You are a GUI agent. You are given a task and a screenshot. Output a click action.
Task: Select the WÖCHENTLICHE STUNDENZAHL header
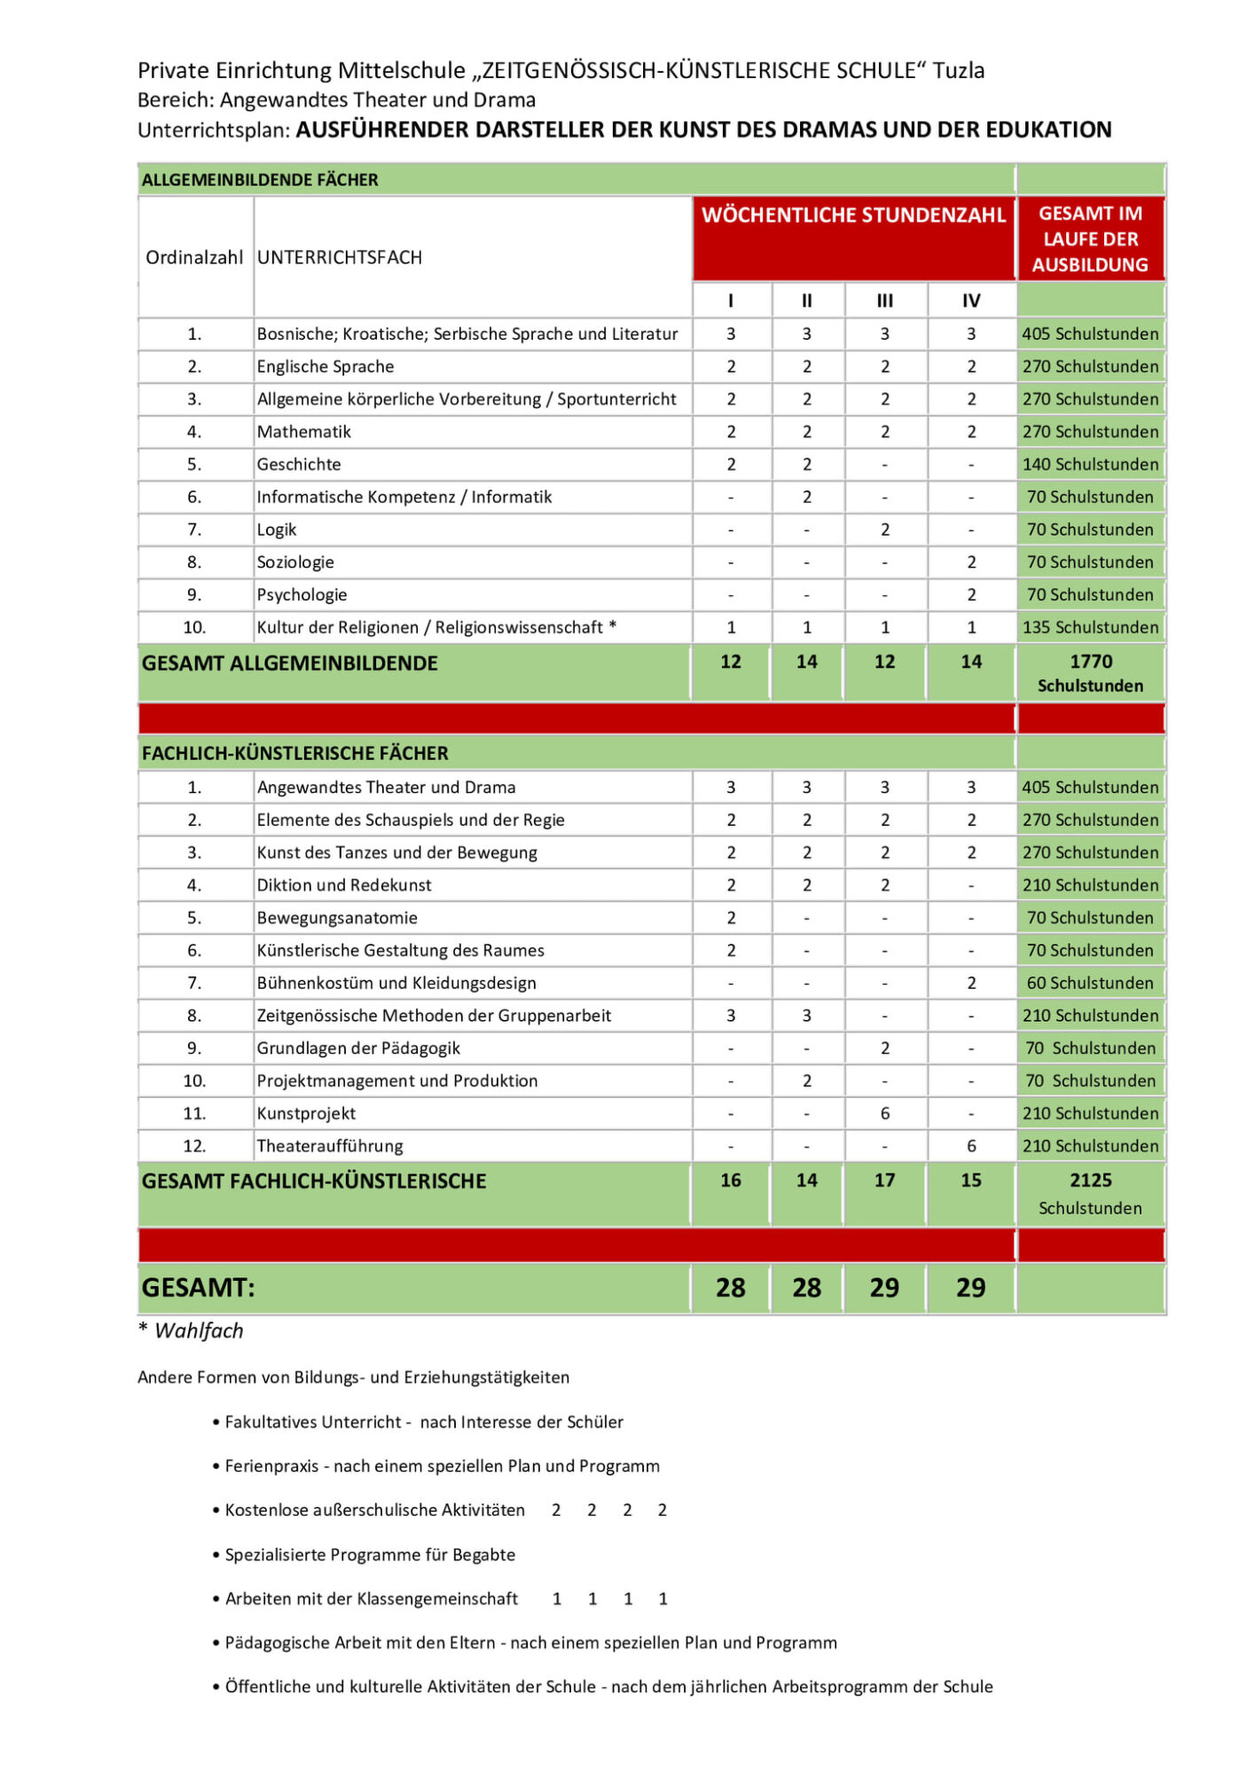[853, 216]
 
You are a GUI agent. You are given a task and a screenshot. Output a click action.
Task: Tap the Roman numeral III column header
[884, 301]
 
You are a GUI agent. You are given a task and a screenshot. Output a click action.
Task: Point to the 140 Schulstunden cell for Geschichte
[1090, 465]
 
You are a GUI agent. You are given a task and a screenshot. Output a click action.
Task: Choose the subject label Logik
[277, 530]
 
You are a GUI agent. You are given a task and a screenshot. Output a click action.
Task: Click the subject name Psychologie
[302, 595]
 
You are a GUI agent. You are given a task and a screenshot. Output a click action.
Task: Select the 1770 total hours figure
[1090, 662]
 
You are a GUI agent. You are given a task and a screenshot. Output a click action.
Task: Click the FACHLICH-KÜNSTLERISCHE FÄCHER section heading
[295, 753]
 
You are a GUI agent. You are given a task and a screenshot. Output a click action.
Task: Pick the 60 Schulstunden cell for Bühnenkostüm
[1090, 983]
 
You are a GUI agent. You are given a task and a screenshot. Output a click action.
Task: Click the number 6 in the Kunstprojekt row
[884, 1113]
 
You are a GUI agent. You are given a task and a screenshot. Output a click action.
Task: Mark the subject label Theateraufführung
[330, 1146]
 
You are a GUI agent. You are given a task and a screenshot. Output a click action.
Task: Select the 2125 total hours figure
[1090, 1181]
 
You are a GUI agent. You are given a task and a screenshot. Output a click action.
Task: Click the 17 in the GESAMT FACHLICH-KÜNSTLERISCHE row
[884, 1181]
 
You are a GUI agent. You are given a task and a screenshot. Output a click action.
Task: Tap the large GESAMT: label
[199, 1288]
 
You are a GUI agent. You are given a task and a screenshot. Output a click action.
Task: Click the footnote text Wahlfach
[199, 1330]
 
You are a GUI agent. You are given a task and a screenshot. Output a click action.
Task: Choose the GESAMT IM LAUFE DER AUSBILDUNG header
[1090, 239]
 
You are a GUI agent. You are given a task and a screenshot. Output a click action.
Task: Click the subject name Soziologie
[295, 562]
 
